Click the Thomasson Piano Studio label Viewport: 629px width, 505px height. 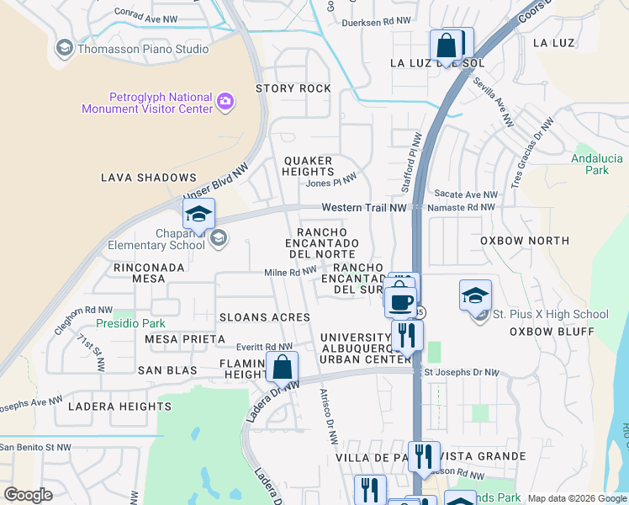pos(143,49)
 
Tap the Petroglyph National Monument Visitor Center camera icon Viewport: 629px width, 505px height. pos(225,103)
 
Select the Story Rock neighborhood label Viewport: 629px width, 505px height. pos(293,88)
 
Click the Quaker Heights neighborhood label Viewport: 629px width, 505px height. pos(308,166)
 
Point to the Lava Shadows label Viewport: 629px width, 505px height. pos(148,178)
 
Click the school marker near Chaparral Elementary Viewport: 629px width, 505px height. pos(199,215)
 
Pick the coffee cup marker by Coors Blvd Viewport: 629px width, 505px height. pos(400,300)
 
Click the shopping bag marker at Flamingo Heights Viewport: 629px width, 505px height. pos(283,367)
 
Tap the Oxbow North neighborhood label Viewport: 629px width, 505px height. pos(525,241)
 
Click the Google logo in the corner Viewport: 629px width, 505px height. pos(29,495)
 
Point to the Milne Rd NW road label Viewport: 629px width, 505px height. pos(290,272)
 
